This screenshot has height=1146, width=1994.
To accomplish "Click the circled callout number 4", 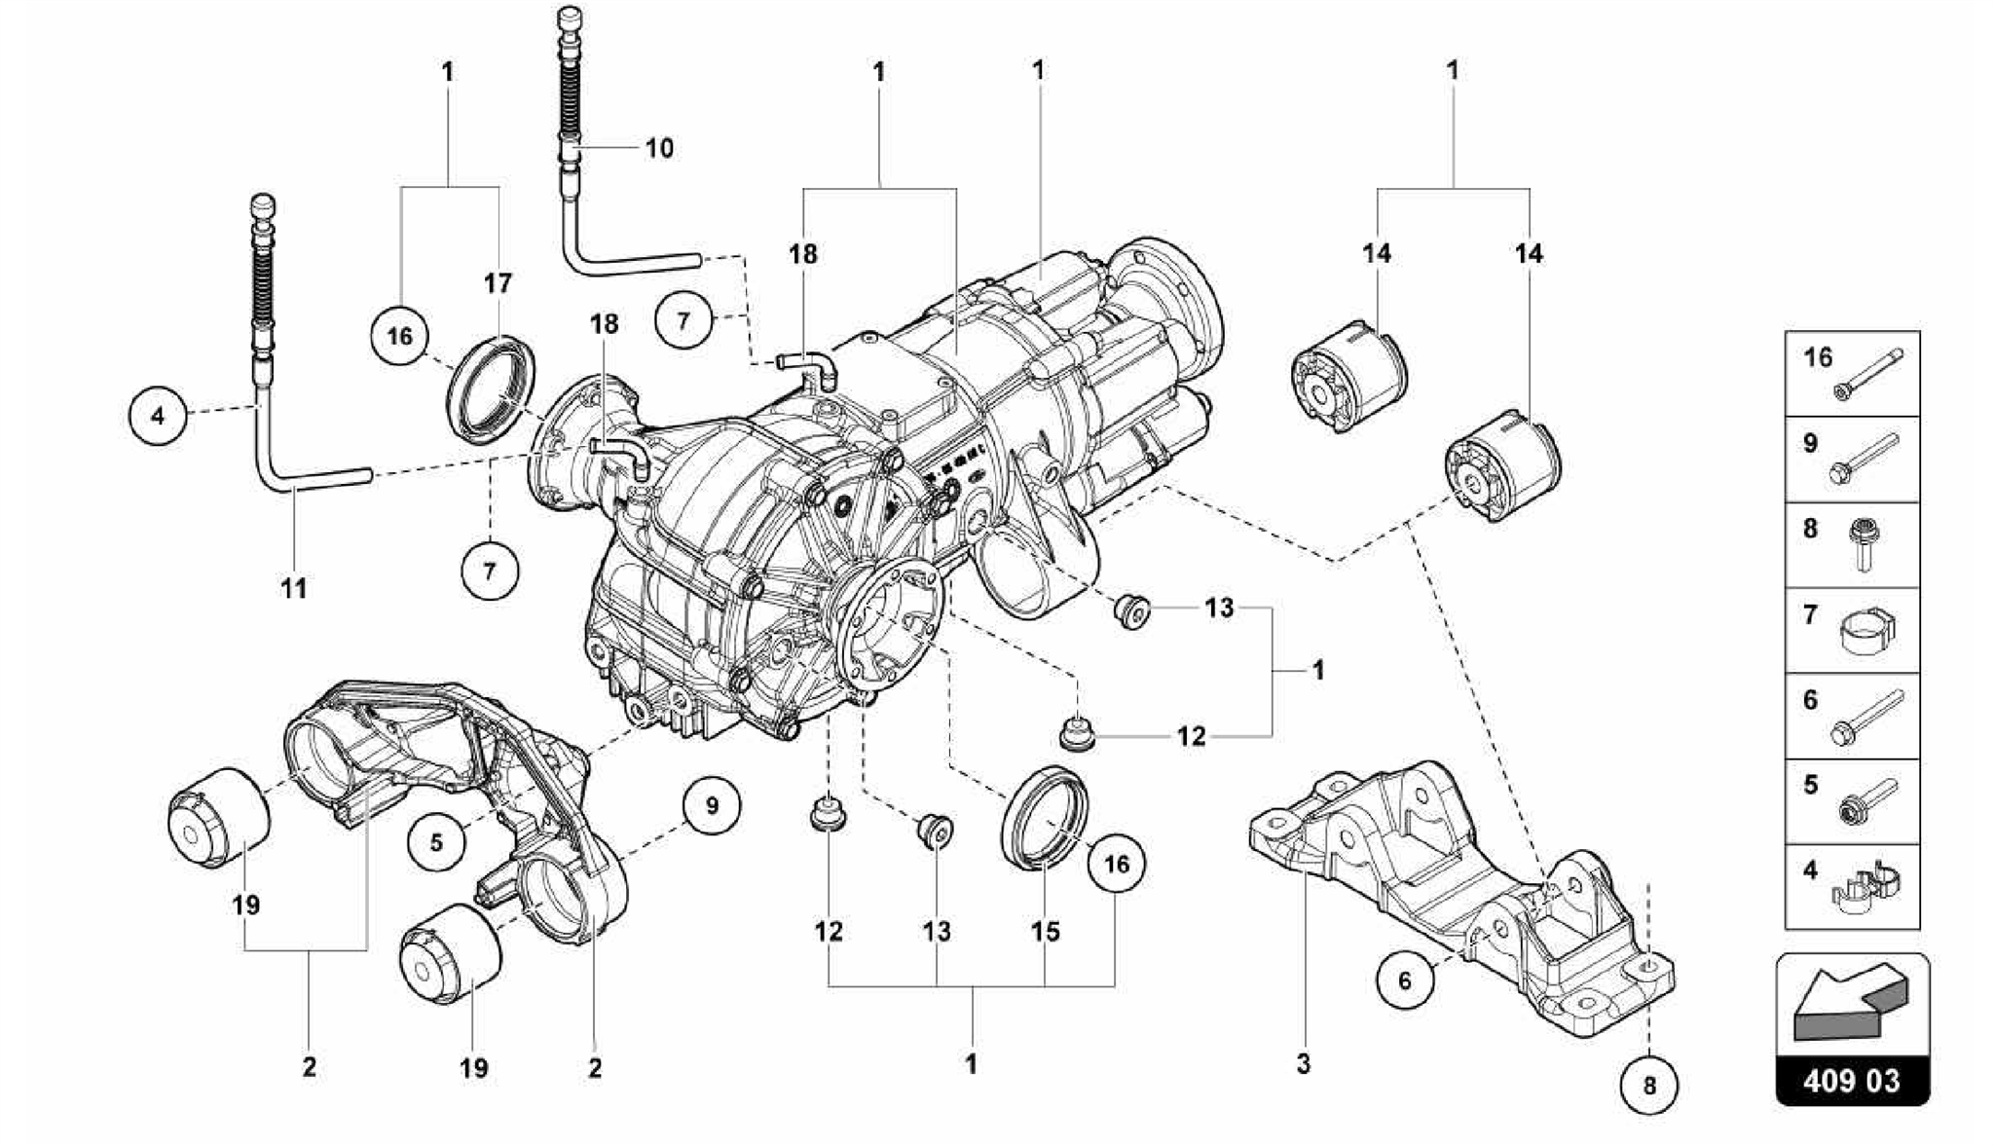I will [x=158, y=416].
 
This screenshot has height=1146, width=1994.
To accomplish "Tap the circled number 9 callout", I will [x=711, y=806].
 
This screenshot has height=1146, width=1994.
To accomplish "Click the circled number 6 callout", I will [x=1404, y=980].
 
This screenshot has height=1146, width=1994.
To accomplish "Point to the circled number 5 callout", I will [x=436, y=841].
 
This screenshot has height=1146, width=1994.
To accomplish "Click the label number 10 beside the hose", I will [x=659, y=148].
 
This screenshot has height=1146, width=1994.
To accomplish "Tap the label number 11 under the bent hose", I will [x=294, y=588].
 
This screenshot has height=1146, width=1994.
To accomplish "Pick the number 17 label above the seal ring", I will [x=498, y=283].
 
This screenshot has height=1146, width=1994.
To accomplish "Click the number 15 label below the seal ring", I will [x=1045, y=931].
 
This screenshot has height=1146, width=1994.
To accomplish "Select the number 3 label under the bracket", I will [x=1303, y=1064].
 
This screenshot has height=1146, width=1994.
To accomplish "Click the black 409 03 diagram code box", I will [x=1851, y=1082].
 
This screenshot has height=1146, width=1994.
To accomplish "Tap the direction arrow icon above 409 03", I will [x=1851, y=1004].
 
